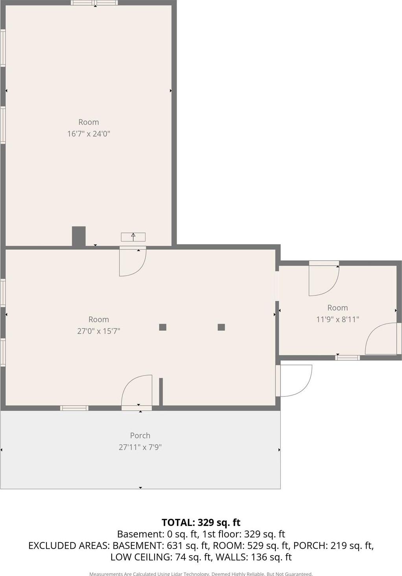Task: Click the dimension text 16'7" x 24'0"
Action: [89, 134]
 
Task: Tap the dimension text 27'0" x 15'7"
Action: [98, 331]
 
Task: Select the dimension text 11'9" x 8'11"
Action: [337, 319]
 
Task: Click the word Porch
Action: [140, 435]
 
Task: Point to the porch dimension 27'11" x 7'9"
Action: [140, 447]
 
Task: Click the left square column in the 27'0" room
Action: [162, 327]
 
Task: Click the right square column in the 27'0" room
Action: [221, 327]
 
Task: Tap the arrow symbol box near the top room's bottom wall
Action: [133, 237]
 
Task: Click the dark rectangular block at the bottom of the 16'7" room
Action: [79, 236]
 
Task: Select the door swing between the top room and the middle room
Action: [133, 262]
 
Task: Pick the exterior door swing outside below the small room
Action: [294, 380]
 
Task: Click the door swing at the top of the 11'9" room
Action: [324, 280]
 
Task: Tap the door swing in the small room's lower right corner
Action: [381, 339]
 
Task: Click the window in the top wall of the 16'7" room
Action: [94, 3]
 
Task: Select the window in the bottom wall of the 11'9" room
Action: [347, 357]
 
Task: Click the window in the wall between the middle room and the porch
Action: [74, 408]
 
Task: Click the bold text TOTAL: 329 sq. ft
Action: [201, 522]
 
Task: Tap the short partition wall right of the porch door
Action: [161, 391]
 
